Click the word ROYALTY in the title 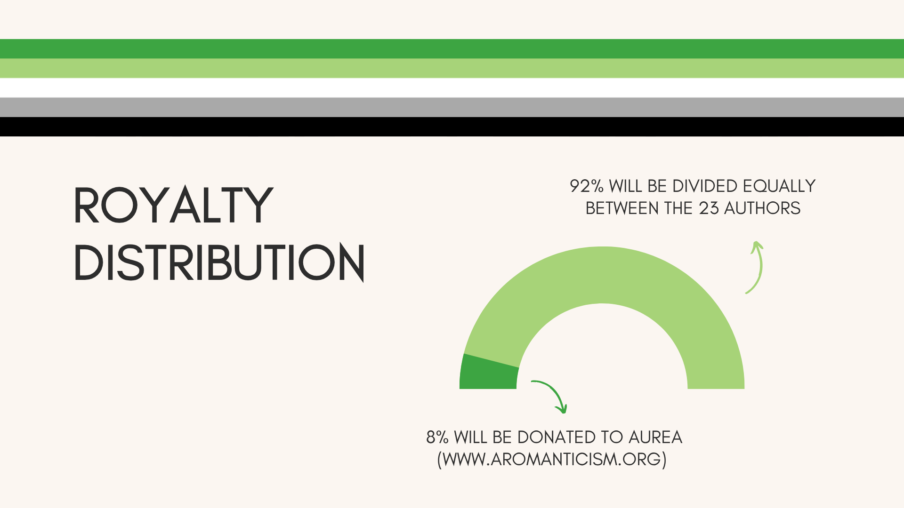coord(173,205)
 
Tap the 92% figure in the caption coord(587,186)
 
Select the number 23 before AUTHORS coord(709,208)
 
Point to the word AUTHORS coord(762,208)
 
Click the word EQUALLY coord(779,186)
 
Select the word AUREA coord(655,437)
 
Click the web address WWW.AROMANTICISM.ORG coord(552,459)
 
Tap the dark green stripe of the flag coord(452,49)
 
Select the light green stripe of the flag coord(452,68)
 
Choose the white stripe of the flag coord(452,88)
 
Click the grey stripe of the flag coord(452,107)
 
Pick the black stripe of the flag coord(452,127)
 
